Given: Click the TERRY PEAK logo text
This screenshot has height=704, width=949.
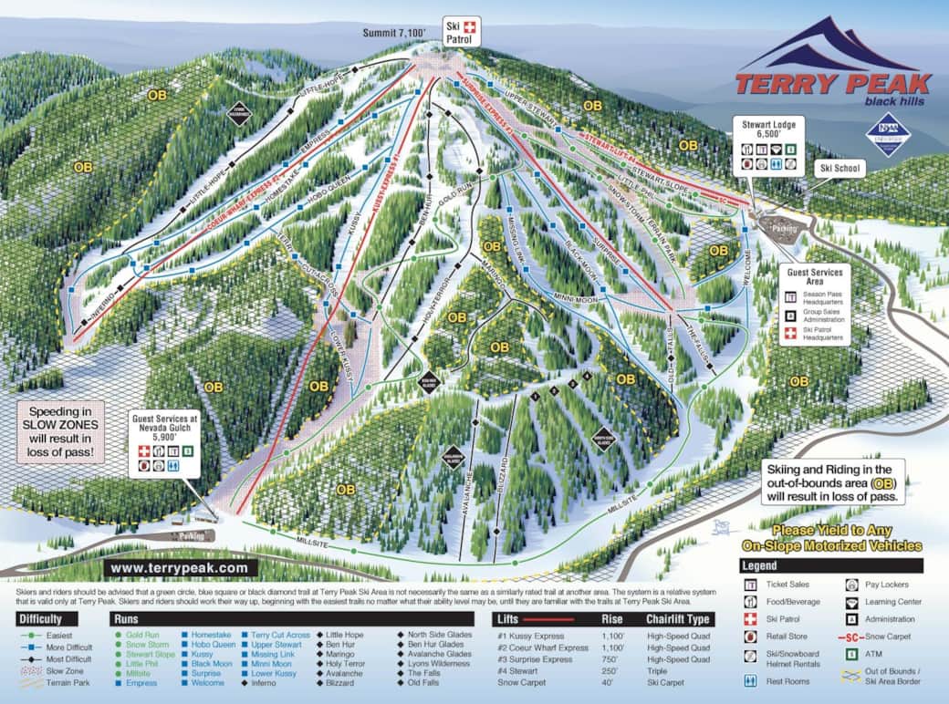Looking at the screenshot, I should coord(832,84).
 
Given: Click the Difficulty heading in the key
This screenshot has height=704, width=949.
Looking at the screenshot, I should coord(40,618).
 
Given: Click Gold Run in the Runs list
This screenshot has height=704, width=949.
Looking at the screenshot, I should coord(142,633).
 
